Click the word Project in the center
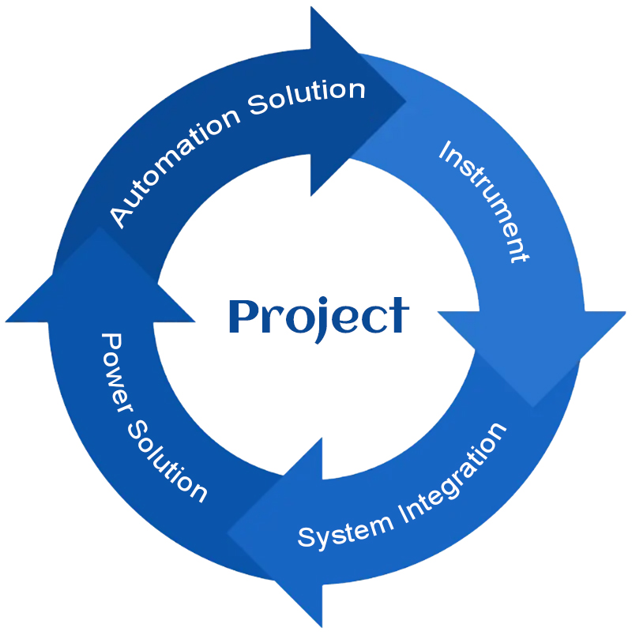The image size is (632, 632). click(318, 317)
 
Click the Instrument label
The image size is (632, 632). click(483, 201)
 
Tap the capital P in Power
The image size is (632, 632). click(111, 344)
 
